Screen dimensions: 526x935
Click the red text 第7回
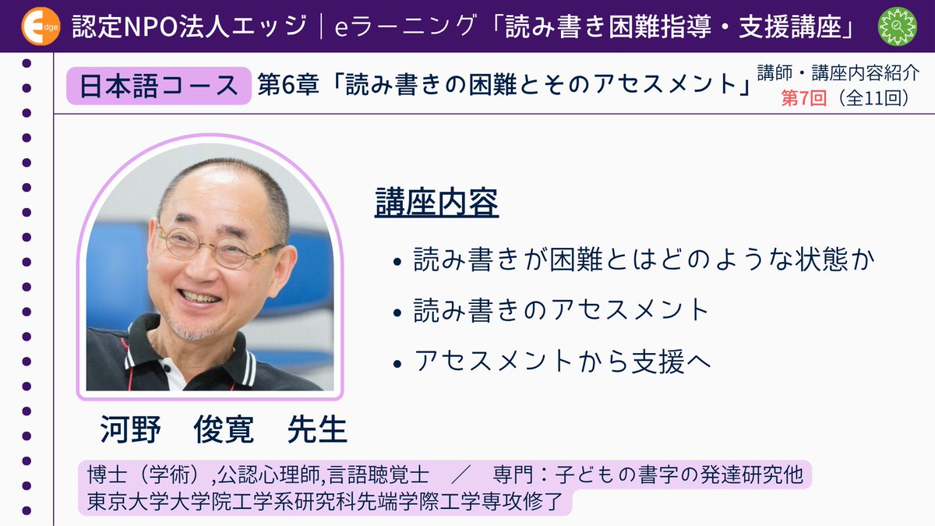pos(806,100)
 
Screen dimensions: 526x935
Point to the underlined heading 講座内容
pos(436,203)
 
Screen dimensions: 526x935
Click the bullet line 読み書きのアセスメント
pos(561,310)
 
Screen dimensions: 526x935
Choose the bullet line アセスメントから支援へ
pos(561,361)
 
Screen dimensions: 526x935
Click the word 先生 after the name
pos(317,429)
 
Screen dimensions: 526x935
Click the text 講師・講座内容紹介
pos(838,75)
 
